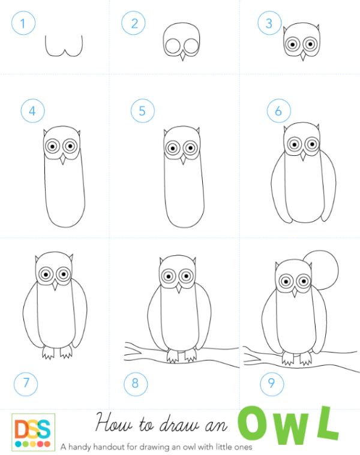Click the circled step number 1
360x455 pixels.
pyautogui.click(x=23, y=23)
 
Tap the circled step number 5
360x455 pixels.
pyautogui.click(x=143, y=110)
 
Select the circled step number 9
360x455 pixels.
pyautogui.click(x=272, y=384)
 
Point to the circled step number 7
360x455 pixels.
pyautogui.click(x=26, y=384)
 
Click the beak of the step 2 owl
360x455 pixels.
pyautogui.click(x=182, y=55)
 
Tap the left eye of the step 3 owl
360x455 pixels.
pyautogui.click(x=293, y=44)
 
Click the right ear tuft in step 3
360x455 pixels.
pyautogui.click(x=317, y=28)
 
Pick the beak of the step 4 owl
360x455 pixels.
pyautogui.click(x=63, y=159)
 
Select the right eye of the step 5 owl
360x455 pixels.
pyautogui.click(x=190, y=148)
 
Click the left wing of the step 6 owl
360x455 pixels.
pyautogui.click(x=279, y=189)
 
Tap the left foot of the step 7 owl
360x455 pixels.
pyautogui.click(x=48, y=352)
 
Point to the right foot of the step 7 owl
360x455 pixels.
pyautogui.click(x=66, y=352)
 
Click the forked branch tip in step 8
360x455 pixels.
pyautogui.click(x=131, y=351)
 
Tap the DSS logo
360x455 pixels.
pyautogui.click(x=34, y=432)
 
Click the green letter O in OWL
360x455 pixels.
pyautogui.click(x=253, y=424)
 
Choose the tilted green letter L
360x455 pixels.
pyautogui.click(x=328, y=424)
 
